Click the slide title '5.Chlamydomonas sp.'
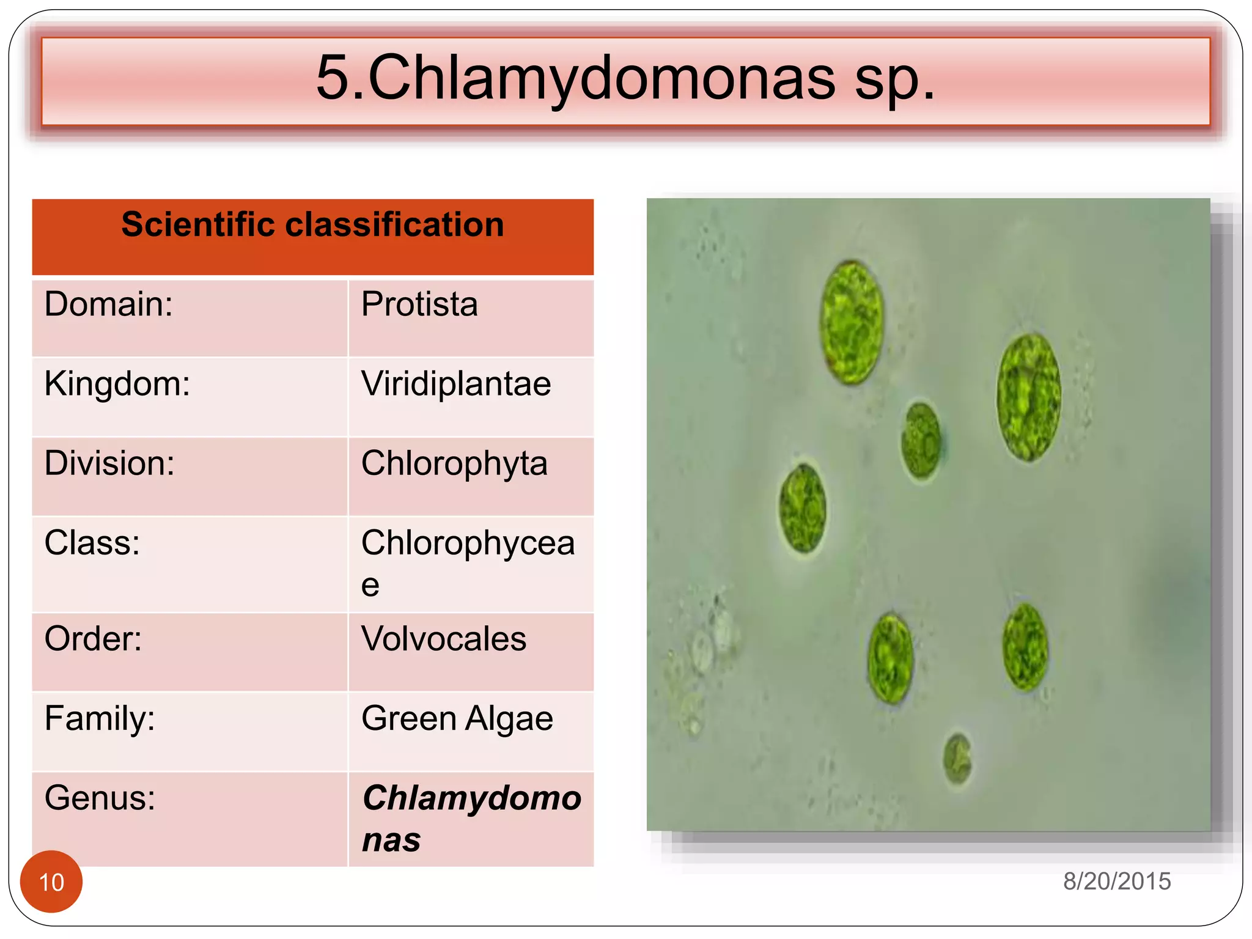(625, 78)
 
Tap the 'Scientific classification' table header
(312, 224)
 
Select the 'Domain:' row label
(109, 304)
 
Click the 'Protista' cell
(419, 304)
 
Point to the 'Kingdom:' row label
(117, 384)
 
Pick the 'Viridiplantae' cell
(456, 384)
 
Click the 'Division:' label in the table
(109, 463)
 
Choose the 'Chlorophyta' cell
(454, 463)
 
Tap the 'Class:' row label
(92, 542)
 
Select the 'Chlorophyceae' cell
(468, 562)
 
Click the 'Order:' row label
(93, 639)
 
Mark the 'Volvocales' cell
(444, 639)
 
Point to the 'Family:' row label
(100, 718)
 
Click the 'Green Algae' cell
(457, 718)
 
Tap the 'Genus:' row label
(100, 798)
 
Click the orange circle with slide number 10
(51, 882)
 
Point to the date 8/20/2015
(1117, 882)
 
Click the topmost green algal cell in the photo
(852, 322)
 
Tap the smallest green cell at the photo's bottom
(957, 759)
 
